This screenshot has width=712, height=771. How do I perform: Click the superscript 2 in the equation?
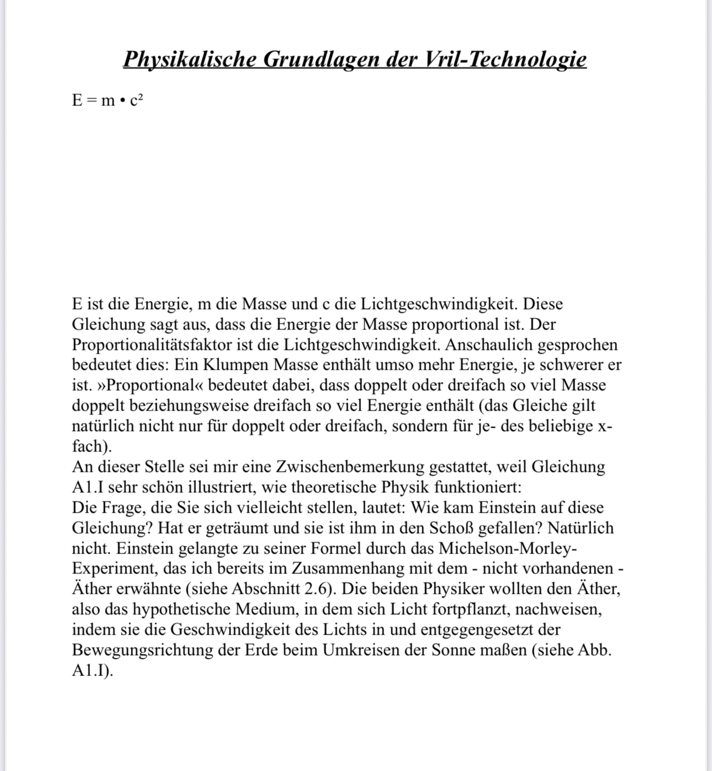coord(141,97)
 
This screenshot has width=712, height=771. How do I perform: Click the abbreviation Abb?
coord(594,650)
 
